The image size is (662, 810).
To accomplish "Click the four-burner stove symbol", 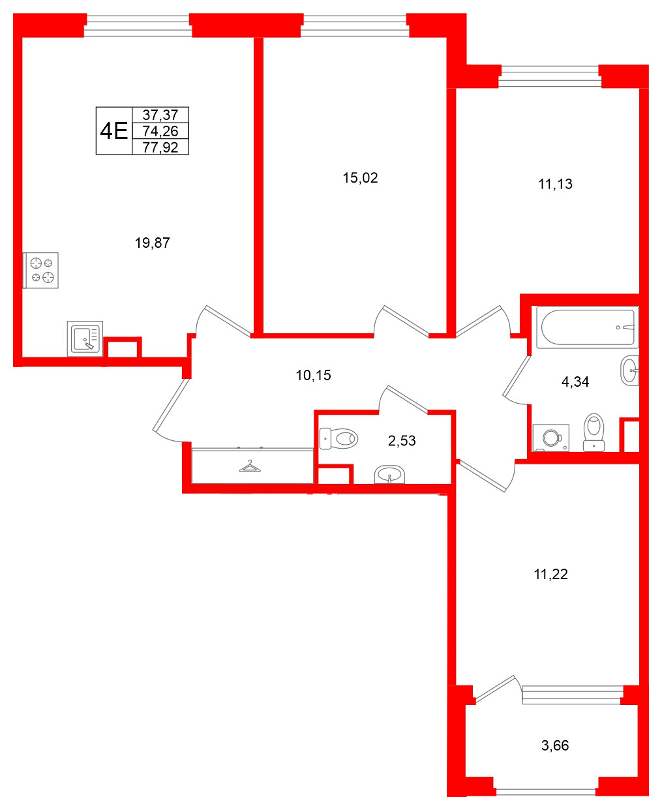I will (41, 270).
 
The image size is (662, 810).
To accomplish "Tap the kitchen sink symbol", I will (85, 339).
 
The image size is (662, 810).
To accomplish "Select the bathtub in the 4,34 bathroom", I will (586, 327).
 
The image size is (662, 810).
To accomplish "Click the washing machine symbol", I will (550, 438).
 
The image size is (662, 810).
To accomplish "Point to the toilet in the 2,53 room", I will (339, 438).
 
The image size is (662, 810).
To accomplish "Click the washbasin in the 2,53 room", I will (389, 474).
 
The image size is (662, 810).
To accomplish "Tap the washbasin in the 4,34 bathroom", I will (629, 370).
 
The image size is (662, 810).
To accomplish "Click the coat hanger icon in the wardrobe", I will (249, 466).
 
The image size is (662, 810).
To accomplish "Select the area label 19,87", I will (152, 243).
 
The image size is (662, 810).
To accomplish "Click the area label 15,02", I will (360, 178).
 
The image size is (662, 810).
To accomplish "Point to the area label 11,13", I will (555, 185).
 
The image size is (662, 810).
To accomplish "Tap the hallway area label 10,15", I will (313, 376).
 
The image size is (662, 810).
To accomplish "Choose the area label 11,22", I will (550, 575).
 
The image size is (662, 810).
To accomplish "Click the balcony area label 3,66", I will (555, 745).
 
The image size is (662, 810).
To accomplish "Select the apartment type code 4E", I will (113, 131).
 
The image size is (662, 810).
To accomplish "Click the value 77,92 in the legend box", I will (160, 147).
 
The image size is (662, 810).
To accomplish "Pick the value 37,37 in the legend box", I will (160, 115).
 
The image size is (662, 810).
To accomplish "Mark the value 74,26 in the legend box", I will (160, 131).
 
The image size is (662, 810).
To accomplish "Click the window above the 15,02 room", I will (354, 25).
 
